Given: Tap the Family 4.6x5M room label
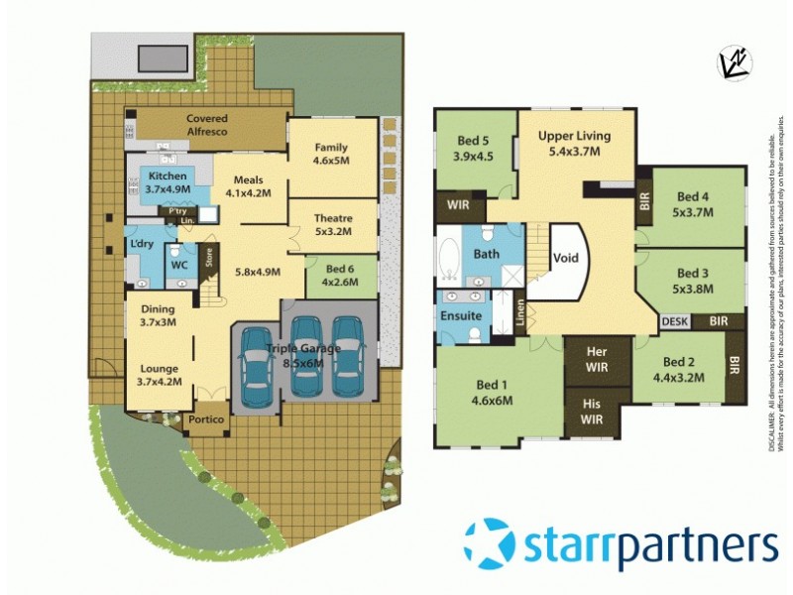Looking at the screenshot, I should point(332,154).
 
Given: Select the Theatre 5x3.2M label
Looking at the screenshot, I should point(332,225).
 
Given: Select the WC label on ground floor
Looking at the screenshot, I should point(179,266).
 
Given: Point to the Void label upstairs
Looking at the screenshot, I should point(565,259).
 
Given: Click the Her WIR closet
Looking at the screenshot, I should point(597,358).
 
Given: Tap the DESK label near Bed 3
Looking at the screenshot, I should point(674,321).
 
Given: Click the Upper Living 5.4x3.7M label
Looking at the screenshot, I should point(574,144).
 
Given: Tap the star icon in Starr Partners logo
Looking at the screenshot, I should point(490,544).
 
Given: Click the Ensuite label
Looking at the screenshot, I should point(462,316).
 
